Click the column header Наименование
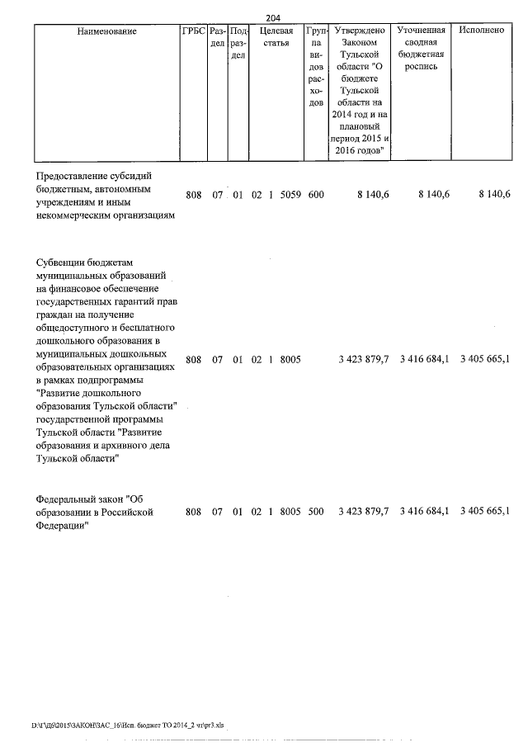(x=106, y=31)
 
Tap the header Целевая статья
(x=271, y=37)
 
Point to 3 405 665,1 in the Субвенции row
(x=484, y=359)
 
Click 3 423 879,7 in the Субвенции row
(x=364, y=359)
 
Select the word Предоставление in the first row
(x=73, y=176)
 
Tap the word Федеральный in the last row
(x=69, y=499)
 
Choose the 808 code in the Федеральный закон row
(x=194, y=512)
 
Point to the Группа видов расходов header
(x=317, y=67)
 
